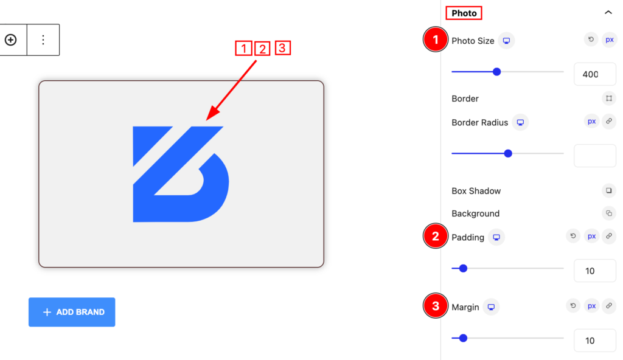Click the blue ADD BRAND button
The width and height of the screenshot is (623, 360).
pos(72,312)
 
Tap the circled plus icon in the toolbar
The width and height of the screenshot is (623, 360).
pos(11,40)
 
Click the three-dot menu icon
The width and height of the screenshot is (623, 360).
pos(43,40)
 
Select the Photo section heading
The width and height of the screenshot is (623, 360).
pos(464,13)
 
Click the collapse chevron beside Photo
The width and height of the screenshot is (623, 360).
pos(608,12)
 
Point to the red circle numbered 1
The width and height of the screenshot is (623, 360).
pos(436,40)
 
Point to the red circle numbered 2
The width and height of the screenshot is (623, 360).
pos(436,236)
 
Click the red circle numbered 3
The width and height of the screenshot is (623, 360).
pos(436,305)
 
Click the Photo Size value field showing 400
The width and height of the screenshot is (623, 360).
pos(595,74)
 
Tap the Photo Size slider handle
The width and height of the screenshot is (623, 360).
pos(496,72)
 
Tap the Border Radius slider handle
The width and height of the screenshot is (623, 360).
pos(508,153)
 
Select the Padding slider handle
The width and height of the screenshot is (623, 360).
pos(463,269)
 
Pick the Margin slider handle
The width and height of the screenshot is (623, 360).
pos(463,338)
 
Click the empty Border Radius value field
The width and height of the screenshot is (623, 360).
pos(595,155)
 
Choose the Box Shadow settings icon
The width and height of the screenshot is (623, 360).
pos(608,191)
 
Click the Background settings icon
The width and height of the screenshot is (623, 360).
pos(608,213)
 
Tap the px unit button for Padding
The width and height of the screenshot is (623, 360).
pos(591,236)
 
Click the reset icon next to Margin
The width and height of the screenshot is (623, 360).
pos(573,305)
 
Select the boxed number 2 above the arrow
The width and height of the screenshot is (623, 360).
pos(262,49)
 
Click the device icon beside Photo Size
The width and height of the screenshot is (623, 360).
pos(506,41)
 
